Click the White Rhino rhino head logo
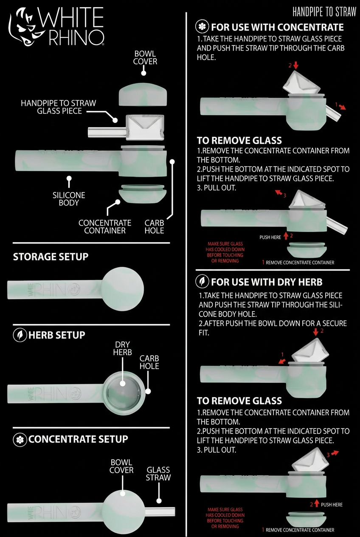tap(24, 27)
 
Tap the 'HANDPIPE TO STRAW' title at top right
tap(324, 12)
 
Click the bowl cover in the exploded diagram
tap(143, 94)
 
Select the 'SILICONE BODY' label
tap(69, 199)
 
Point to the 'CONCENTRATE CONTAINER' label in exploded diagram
tap(105, 226)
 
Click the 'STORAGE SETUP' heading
tap(51, 257)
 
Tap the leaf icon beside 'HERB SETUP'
tap(20, 335)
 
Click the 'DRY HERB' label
tap(122, 348)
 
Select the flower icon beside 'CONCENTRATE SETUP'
tap(20, 439)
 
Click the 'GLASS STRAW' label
tap(158, 473)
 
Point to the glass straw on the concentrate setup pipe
tap(160, 512)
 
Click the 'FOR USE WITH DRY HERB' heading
tap(267, 282)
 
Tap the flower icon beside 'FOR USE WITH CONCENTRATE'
tap(202, 27)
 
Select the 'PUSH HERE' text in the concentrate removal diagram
tap(270, 237)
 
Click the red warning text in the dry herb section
tap(225, 518)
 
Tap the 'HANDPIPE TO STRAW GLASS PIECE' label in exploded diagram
tap(59, 107)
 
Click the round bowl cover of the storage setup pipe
tap(122, 289)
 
